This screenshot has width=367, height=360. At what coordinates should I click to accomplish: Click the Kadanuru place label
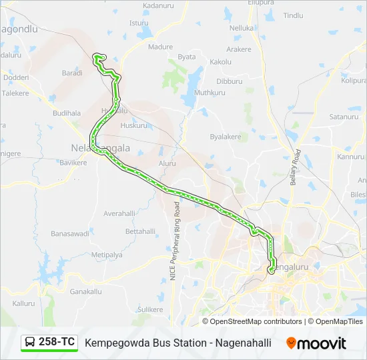[x=158, y=5]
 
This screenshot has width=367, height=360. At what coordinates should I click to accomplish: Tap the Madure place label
[x=160, y=47]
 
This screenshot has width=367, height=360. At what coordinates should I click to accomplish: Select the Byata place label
[x=187, y=57]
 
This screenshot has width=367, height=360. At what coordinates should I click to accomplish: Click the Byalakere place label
[x=225, y=137]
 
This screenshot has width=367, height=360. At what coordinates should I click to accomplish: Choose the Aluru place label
[x=167, y=163]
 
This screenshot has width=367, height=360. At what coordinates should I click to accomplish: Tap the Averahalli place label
[x=119, y=213]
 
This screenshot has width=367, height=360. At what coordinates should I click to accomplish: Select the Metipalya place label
[x=107, y=255]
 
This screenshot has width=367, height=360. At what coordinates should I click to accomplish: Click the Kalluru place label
[x=23, y=303]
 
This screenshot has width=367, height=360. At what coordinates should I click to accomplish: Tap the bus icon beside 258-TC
[x=30, y=342]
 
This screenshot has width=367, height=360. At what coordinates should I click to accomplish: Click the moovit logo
[x=316, y=343]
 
